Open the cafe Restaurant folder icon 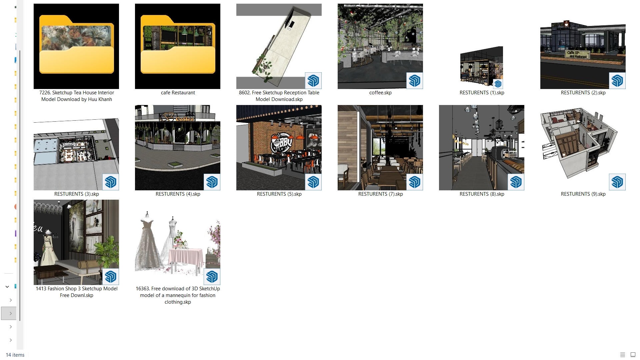[178, 46]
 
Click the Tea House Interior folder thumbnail [76, 46]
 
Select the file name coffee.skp [380, 93]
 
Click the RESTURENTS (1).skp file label [482, 93]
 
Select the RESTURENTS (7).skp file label [380, 194]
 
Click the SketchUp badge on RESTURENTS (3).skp [111, 182]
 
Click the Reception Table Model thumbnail [279, 46]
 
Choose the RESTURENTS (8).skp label [482, 194]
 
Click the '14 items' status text [15, 355]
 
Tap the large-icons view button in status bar [633, 355]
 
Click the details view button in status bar [622, 355]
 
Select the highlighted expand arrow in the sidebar [11, 313]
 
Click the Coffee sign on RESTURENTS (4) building [185, 119]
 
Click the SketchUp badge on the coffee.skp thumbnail [415, 81]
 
